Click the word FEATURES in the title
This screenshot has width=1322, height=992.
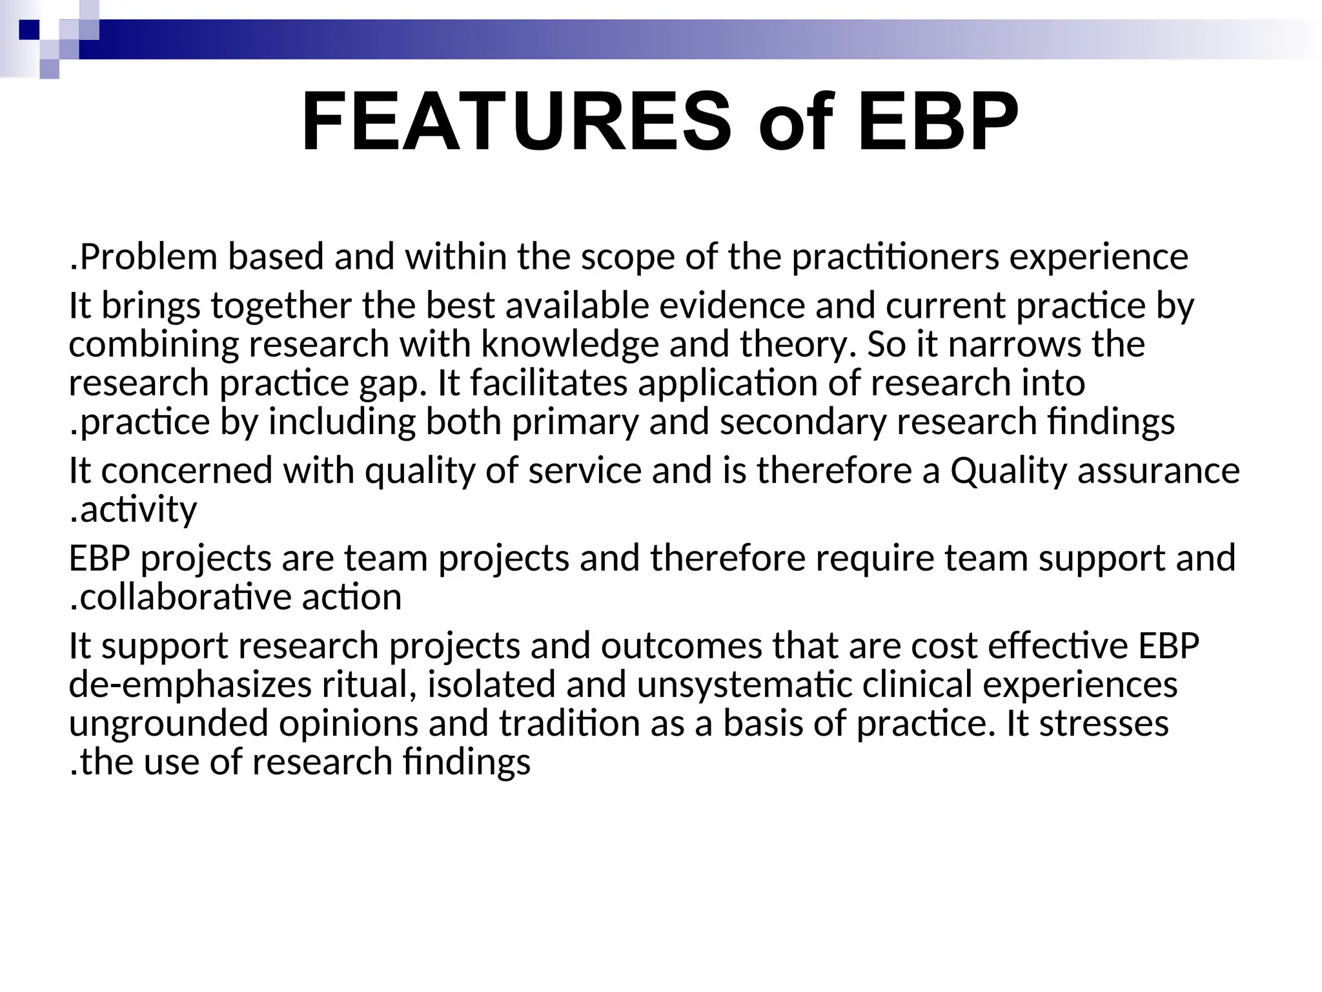tap(516, 123)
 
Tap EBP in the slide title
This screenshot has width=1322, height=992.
tap(937, 123)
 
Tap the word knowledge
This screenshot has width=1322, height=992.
tap(569, 344)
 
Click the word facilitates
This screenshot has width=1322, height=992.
tap(549, 383)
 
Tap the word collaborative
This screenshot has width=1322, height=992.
tap(185, 597)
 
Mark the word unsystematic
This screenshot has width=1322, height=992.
tap(744, 685)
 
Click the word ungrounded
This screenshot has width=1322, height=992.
tap(168, 723)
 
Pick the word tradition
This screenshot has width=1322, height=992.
tap(569, 723)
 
